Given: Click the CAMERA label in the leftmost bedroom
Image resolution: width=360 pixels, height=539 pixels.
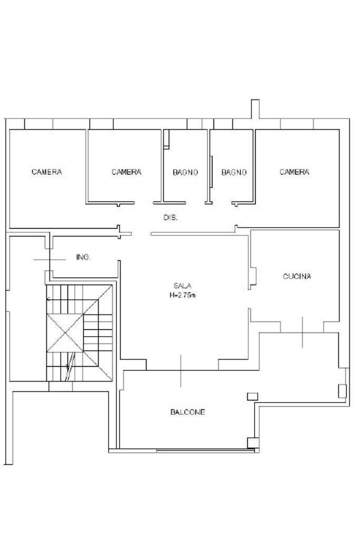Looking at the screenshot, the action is tap(47, 172).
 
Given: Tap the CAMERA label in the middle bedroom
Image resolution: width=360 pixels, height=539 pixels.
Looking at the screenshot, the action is tap(127, 172).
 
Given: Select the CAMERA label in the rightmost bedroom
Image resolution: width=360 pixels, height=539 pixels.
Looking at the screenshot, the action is tap(294, 172).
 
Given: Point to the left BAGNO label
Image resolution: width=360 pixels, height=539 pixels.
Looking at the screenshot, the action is tap(186, 172).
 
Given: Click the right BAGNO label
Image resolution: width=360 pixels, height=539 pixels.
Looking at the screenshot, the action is tap(234, 172).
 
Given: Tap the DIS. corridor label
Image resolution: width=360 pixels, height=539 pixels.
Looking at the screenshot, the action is tap(170, 218).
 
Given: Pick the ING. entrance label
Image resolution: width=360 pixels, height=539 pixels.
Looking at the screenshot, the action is tap(83, 257).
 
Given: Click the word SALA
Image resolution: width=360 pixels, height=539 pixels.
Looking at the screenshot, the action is tap(182, 286).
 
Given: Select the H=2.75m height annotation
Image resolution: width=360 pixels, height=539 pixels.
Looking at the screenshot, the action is tap(182, 295).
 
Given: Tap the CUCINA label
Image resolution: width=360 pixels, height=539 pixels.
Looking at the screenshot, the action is tap(297, 277).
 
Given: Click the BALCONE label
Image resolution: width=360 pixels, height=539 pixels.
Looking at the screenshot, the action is tap(188, 412).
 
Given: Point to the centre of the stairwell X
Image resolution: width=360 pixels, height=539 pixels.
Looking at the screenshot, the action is tap(65, 333).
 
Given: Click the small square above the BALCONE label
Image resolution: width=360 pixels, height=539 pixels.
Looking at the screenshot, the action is tap(252, 396).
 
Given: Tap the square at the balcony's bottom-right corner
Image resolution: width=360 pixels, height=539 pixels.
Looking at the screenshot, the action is tap(253, 443).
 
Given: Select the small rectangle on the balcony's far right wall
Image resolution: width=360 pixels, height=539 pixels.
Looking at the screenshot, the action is tap(342, 391).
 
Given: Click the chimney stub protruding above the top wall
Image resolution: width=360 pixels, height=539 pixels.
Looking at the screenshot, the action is tap(255, 109).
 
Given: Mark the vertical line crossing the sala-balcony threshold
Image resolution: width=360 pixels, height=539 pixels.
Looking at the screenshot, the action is tap(181, 371).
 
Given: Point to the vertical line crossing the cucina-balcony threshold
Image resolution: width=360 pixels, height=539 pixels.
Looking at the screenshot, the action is tap(303, 332).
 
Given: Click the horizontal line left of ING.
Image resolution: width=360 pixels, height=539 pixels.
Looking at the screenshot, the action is tap(50, 260).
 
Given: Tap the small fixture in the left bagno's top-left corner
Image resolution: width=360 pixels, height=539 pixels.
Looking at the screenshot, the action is tap(167, 139).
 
